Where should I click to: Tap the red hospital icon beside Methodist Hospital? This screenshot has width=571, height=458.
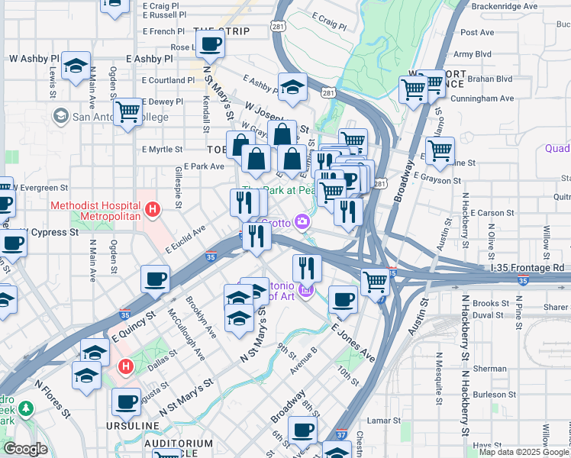[153, 208]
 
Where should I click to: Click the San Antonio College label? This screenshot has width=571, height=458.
[99, 116]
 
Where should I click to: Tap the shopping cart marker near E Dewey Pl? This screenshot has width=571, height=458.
[127, 111]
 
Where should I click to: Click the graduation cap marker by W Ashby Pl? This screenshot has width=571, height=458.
[76, 66]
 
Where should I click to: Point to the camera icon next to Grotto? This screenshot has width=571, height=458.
[303, 223]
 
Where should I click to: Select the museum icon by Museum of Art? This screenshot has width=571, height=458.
[306, 290]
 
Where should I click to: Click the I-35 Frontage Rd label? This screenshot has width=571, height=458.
[527, 268]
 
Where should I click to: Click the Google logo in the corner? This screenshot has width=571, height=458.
[26, 449]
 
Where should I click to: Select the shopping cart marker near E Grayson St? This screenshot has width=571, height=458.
[440, 152]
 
